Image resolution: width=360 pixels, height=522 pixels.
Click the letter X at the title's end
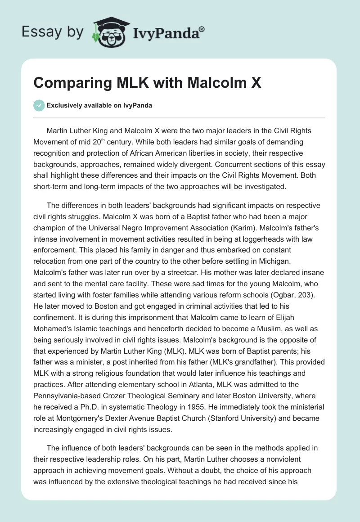pyautogui.click(x=256, y=83)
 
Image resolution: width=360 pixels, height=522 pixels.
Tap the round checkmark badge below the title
pyautogui.click(x=39, y=105)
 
